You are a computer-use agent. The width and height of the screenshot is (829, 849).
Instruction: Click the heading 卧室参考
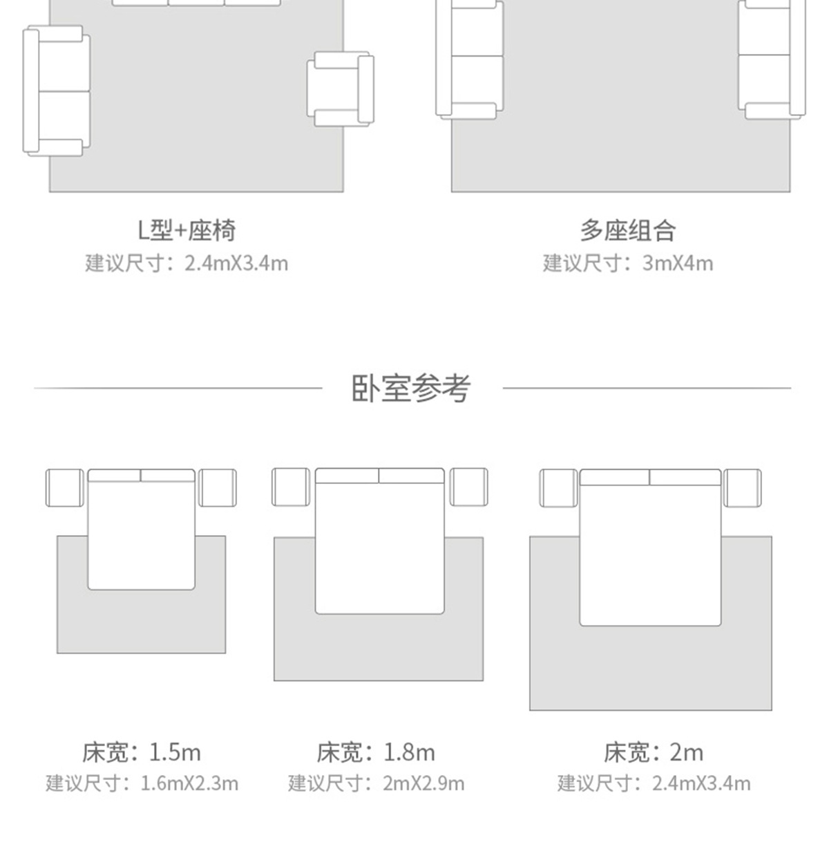coord(412,388)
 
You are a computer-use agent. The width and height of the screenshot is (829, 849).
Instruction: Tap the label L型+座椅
coord(187,230)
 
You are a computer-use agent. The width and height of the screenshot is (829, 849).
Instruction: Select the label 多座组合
coord(627,230)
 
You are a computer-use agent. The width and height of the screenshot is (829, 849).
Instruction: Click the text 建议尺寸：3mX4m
coord(627,263)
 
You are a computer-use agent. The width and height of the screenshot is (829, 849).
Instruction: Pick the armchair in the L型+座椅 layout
coord(340,89)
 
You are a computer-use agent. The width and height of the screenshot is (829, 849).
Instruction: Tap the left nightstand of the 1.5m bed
coord(65,487)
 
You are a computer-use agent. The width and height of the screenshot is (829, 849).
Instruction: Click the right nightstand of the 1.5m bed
coord(218,487)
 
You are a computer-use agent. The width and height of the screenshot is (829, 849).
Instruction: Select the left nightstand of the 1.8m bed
coord(291,487)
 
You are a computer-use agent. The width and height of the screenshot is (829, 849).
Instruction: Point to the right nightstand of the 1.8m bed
coord(469,487)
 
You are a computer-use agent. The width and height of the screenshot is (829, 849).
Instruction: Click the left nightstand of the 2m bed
coord(558,487)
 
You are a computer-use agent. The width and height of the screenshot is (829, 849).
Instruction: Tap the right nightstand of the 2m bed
coord(743,487)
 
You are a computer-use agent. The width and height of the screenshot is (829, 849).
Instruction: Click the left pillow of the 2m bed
coord(614,477)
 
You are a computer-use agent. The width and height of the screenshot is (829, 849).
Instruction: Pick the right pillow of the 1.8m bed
coord(411,476)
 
